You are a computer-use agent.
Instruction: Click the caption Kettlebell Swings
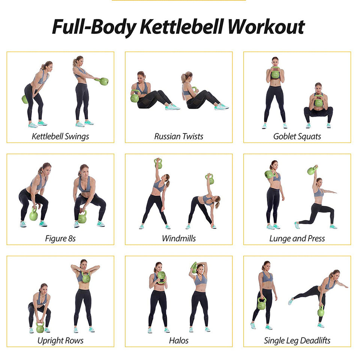point(60,136)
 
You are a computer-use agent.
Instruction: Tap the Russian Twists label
point(178,136)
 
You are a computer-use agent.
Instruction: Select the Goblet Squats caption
point(297,136)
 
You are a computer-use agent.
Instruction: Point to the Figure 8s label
point(60,238)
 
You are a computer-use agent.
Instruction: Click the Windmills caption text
point(178,238)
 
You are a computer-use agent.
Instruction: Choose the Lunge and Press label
point(297,238)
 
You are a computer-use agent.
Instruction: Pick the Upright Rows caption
point(60,340)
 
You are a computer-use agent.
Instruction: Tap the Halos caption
point(178,340)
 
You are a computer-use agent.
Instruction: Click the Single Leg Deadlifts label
point(297,340)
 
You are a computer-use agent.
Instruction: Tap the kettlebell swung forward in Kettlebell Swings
point(103,81)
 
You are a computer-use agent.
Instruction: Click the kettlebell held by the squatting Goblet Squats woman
point(318,101)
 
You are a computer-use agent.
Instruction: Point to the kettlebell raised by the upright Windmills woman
point(158,163)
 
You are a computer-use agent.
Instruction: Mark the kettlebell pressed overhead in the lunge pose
point(312,170)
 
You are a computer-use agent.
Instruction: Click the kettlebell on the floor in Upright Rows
point(40,327)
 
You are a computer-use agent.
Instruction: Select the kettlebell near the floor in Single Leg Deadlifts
point(321,311)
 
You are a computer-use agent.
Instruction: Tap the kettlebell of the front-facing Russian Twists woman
point(135,97)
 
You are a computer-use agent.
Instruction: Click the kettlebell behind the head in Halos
point(194,268)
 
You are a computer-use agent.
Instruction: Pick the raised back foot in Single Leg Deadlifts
point(291,301)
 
